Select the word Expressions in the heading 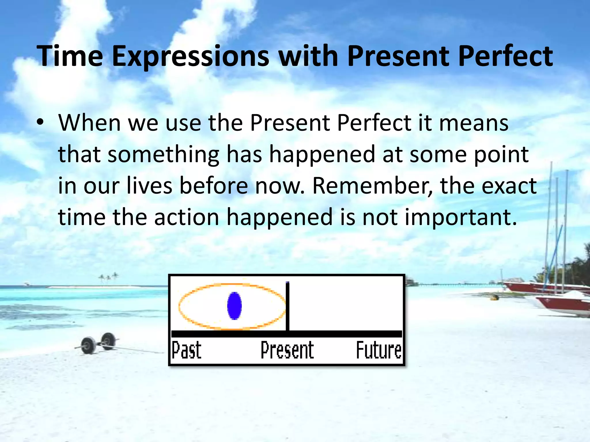click(x=190, y=56)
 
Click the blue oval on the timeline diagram click(x=234, y=306)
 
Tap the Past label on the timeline click(x=187, y=350)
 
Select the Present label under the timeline click(x=287, y=350)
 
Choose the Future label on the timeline click(x=379, y=350)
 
